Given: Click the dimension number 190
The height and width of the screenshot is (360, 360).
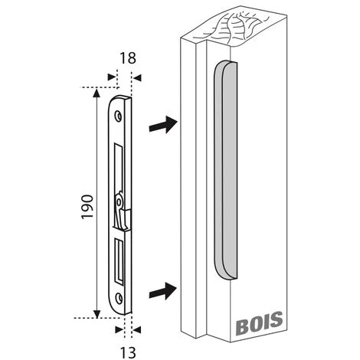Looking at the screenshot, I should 87,205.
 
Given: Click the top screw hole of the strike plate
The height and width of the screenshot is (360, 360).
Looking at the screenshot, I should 119,114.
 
